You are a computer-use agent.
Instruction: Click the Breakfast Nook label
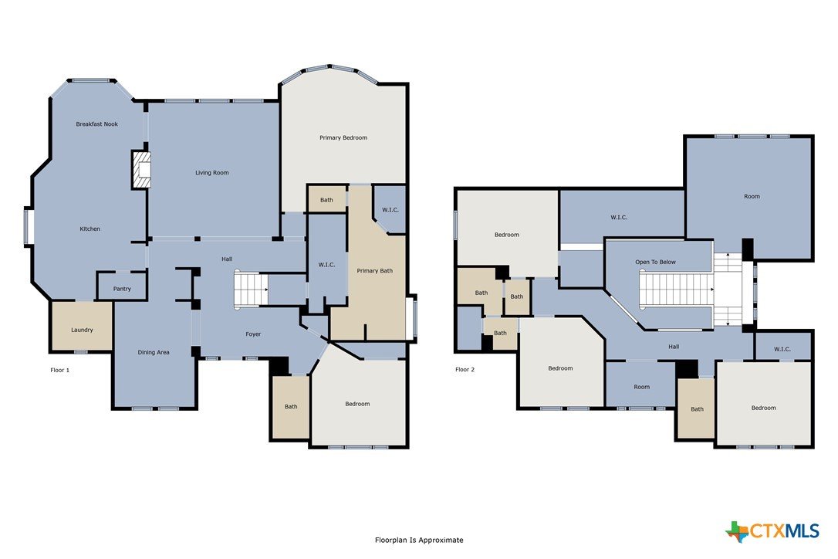(x=96, y=124)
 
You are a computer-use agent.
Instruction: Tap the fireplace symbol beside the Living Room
(x=141, y=170)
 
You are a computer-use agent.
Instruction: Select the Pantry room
(x=122, y=286)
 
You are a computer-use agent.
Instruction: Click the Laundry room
(x=82, y=327)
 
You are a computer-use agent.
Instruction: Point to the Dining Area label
(x=154, y=353)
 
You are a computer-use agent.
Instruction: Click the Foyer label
(x=253, y=334)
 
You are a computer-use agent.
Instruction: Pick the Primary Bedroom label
(x=343, y=138)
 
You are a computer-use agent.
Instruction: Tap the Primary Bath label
(x=375, y=271)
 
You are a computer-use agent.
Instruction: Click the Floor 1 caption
(x=60, y=370)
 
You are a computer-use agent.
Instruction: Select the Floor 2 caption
(x=465, y=370)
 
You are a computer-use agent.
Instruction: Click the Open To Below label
(x=655, y=262)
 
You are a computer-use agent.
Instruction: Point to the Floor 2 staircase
(x=677, y=290)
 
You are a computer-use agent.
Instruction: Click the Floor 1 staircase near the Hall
(x=251, y=290)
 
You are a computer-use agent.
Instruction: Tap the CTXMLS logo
(x=772, y=531)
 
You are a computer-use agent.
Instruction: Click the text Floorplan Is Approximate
(x=419, y=540)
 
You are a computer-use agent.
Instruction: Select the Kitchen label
(x=90, y=229)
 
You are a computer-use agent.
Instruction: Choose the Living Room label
(x=211, y=173)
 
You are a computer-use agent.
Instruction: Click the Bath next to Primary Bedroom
(x=326, y=199)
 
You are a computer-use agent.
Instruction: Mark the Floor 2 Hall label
(x=674, y=347)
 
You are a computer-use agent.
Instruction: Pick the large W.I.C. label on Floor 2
(x=619, y=218)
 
